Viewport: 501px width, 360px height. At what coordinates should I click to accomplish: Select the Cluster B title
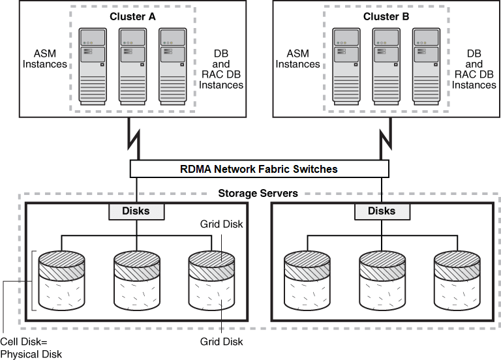pos(387,16)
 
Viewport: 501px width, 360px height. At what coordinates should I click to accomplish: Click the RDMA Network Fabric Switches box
pos(259,169)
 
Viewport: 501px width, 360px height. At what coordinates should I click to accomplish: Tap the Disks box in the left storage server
pos(136,211)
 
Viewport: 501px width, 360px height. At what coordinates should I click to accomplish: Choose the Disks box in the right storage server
pos(381,211)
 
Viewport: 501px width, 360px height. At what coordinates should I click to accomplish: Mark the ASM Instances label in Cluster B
pos(297,59)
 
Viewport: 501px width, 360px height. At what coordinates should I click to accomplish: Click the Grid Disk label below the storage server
pos(221,342)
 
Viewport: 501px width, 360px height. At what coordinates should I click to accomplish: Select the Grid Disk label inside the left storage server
pos(221,224)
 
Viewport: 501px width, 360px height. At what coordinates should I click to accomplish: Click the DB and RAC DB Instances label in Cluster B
pos(474,69)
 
